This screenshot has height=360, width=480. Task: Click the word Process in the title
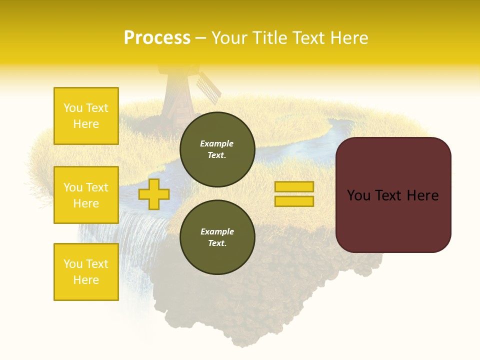[x=157, y=38]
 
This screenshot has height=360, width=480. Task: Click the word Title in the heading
[x=270, y=38]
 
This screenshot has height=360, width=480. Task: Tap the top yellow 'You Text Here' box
[x=86, y=116]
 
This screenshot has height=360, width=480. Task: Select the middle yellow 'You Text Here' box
[x=86, y=195]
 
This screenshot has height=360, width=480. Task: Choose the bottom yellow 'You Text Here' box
[x=86, y=272]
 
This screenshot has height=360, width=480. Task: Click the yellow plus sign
[x=154, y=194]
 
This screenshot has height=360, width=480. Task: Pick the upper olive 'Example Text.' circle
[x=217, y=149]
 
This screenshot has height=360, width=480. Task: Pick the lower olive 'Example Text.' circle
[x=217, y=237]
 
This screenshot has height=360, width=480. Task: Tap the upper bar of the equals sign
[x=294, y=187]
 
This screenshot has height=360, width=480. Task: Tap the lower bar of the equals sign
[x=294, y=201]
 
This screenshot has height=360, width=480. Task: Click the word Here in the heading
[x=348, y=38]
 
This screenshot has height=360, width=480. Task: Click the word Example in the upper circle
[x=217, y=144]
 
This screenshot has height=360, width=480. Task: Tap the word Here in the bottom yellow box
[x=86, y=280]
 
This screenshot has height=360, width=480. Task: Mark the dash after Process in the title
[x=200, y=38]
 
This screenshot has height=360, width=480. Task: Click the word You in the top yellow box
[x=72, y=108]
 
